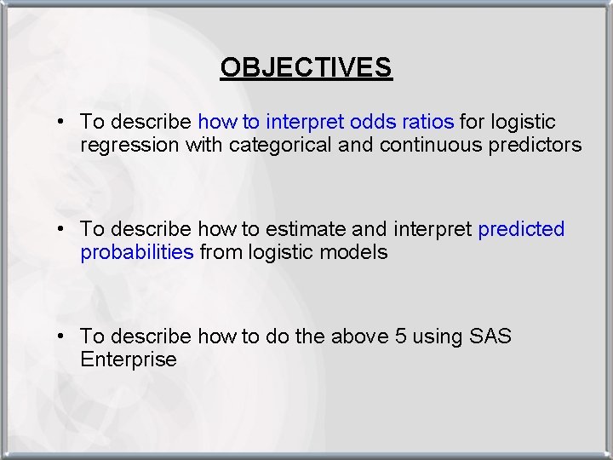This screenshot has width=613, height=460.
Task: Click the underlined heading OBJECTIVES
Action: coord(306,67)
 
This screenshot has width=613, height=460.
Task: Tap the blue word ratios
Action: coord(427,123)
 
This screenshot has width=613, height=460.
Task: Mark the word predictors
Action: coord(535,145)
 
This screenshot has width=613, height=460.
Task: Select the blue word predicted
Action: coord(521,230)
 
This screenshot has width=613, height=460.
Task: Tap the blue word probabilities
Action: coord(137,252)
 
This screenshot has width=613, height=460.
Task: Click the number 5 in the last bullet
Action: coord(401,336)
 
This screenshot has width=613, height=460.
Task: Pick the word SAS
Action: coord(490,336)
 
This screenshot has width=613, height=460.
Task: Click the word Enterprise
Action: coord(129,359)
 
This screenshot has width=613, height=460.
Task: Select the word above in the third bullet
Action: coord(358,336)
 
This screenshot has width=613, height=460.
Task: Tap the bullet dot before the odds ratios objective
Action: coord(63,123)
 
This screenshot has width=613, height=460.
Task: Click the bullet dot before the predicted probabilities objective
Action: coord(63,230)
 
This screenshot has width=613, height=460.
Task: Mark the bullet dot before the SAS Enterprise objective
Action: coord(63,336)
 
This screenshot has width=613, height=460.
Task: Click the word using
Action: coord(438,337)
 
